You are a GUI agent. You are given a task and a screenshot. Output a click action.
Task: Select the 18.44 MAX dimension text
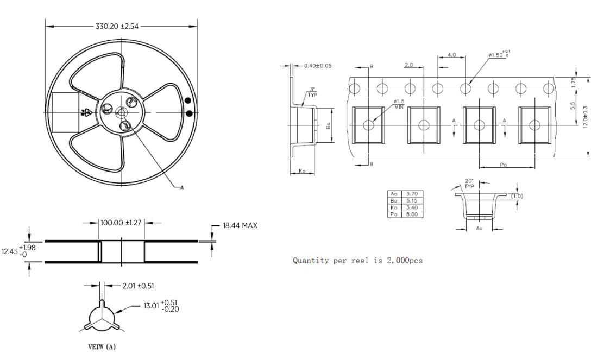click(x=240, y=225)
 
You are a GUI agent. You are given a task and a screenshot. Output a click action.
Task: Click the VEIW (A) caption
click(x=102, y=346)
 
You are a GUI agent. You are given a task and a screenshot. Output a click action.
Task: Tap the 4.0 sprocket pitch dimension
click(x=452, y=55)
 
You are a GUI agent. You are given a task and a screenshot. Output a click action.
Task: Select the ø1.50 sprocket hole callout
click(x=498, y=55)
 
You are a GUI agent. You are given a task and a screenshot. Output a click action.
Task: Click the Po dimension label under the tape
click(x=504, y=165)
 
